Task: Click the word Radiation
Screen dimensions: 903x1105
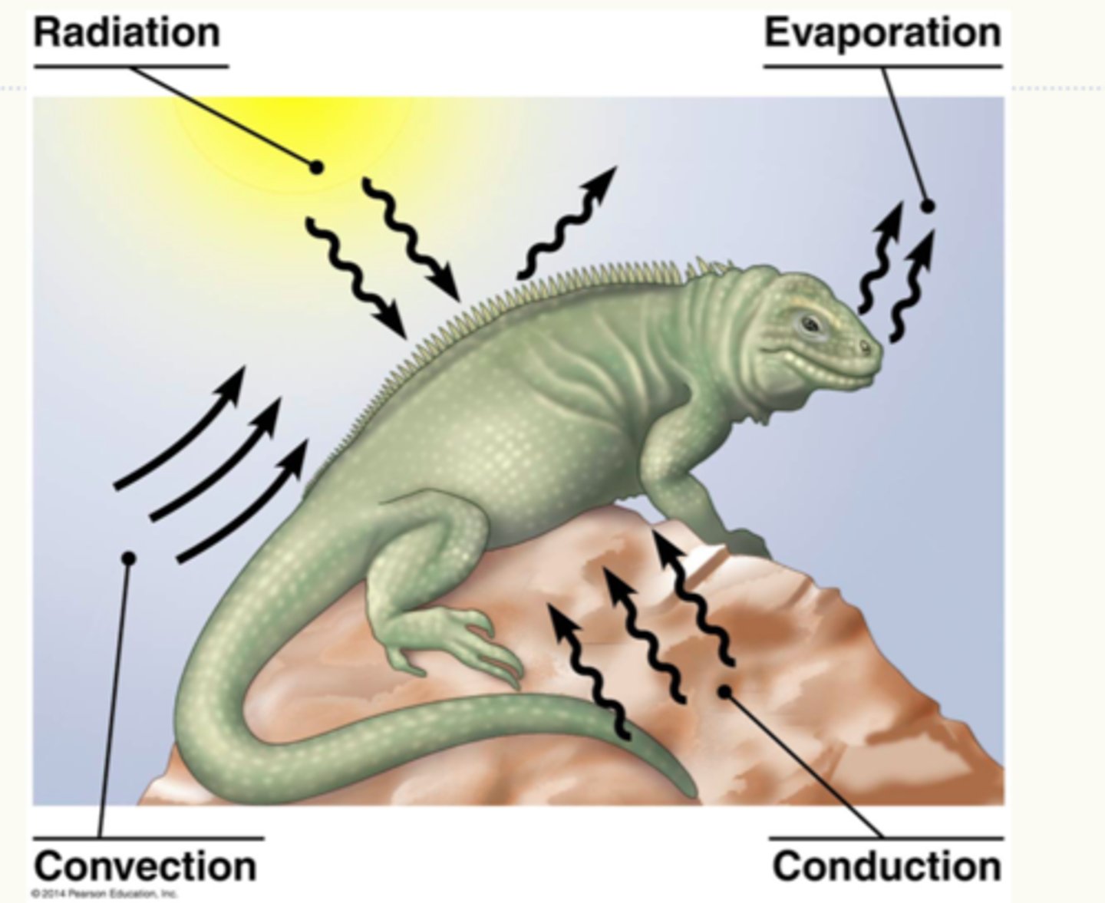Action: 127,33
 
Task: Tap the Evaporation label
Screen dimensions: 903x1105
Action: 882,33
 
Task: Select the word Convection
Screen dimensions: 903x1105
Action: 145,865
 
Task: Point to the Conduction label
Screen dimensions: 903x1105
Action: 886,865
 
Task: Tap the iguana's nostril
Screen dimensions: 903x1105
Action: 865,348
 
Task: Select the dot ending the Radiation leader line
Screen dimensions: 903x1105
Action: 316,166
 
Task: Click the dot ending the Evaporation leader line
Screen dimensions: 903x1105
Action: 928,206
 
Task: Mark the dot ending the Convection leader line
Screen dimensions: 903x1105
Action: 129,559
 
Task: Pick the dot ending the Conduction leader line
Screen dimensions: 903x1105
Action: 724,691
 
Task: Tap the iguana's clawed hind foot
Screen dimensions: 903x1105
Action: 460,641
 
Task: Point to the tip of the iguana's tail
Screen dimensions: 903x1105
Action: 691,790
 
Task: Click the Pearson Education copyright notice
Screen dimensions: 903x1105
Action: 105,894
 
